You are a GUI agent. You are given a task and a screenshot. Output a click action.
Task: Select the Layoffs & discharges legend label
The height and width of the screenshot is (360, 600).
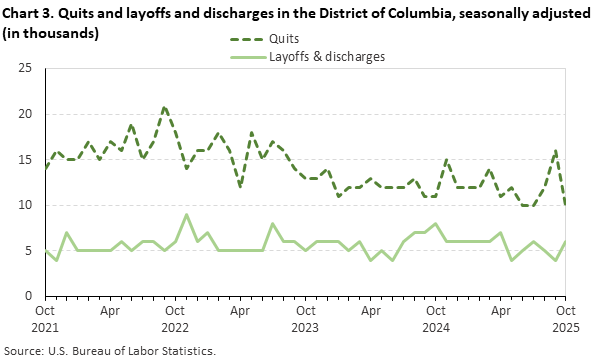point(327,57)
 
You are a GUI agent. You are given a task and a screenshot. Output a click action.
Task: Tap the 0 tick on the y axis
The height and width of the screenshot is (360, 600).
point(29,296)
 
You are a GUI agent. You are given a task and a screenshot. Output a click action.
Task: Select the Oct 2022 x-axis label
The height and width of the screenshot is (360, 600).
point(176,318)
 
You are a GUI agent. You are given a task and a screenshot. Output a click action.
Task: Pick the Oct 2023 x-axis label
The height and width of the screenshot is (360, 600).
point(306,318)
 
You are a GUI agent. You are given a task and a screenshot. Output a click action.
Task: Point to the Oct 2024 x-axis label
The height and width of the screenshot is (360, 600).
point(436,318)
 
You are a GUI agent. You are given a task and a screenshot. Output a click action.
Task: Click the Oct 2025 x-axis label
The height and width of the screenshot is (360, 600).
point(566,318)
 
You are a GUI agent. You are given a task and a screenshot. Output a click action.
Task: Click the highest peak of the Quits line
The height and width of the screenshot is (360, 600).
point(165,106)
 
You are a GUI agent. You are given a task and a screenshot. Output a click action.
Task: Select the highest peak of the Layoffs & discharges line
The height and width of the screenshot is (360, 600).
point(187,214)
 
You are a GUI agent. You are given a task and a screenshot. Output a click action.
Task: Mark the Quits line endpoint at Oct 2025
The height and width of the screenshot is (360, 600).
point(566,205)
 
